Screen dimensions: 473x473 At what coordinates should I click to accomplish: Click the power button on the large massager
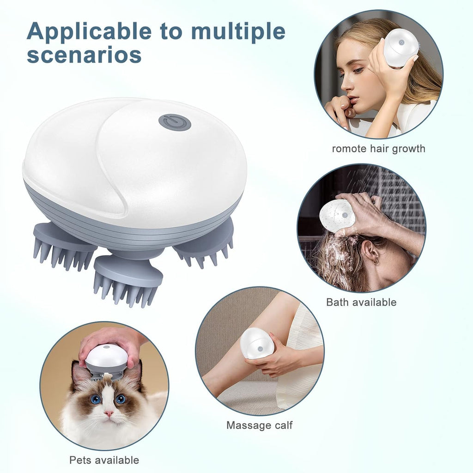click(175, 122)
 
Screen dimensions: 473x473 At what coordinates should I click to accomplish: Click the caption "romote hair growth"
click(378, 149)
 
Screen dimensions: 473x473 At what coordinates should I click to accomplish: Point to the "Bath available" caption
click(361, 302)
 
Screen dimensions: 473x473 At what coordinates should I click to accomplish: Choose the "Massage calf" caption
click(259, 425)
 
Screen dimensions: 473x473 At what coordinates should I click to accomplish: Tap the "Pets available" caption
click(104, 460)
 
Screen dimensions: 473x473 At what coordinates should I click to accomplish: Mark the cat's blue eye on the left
click(96, 399)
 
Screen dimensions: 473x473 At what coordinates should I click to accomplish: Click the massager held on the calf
click(257, 343)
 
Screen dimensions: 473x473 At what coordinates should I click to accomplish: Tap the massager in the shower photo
click(337, 216)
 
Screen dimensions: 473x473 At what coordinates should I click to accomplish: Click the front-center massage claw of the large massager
click(128, 279)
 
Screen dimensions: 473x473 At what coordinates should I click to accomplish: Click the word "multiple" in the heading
click(238, 32)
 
